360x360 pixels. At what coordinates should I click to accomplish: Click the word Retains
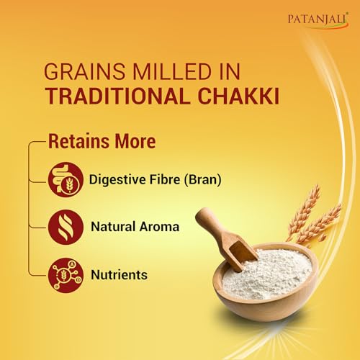click(76, 141)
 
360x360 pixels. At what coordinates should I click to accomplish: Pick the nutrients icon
click(63, 274)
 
